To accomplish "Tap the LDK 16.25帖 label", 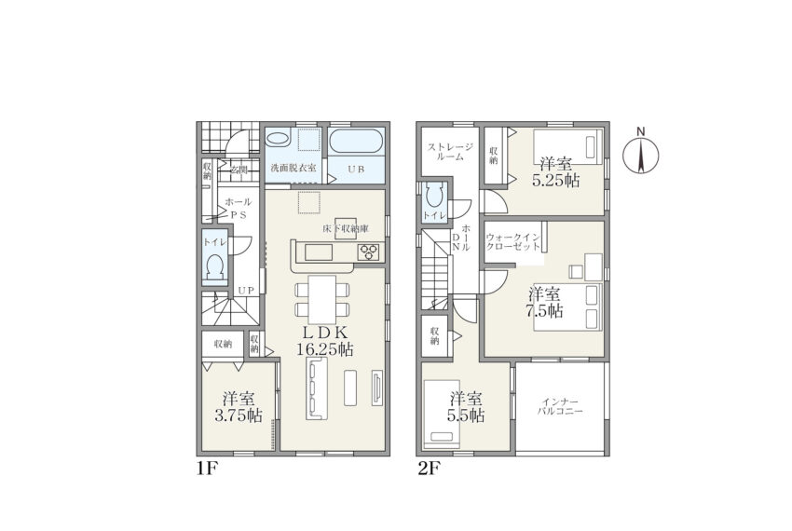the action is [x=325, y=341].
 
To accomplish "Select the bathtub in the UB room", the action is [x=356, y=142].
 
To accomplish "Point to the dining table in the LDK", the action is [x=322, y=300].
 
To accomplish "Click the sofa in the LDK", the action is [x=316, y=388].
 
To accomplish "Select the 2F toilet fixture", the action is [x=435, y=195].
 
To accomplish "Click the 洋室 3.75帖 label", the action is [x=239, y=407].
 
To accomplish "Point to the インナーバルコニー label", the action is [x=560, y=407].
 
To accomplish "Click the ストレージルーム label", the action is [x=450, y=152].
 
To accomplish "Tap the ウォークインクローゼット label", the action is [x=513, y=242].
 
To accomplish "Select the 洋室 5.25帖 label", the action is [x=555, y=172].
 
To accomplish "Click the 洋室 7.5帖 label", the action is [x=544, y=302].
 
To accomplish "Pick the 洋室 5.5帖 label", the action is [x=466, y=407].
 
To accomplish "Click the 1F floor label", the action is [x=207, y=470].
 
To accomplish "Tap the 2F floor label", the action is [x=428, y=470].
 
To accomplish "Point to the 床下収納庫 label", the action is [x=346, y=229].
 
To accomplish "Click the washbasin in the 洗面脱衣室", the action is [x=277, y=138].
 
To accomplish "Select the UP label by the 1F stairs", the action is [x=246, y=291].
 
